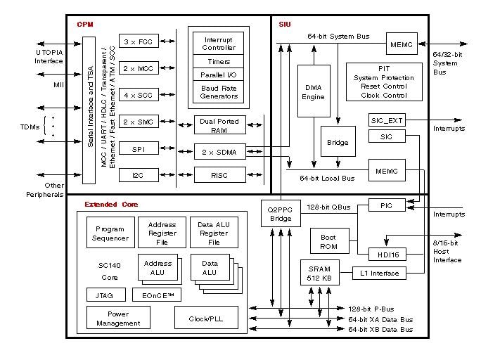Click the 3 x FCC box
pos(139,41)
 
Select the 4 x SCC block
pos(139,95)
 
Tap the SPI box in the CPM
pos(139,148)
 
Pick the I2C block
pos(139,174)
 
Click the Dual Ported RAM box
pos(219,125)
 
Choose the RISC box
pos(219,174)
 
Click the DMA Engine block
pos(314,91)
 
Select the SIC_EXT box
pos(385,120)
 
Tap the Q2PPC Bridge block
pos(280,214)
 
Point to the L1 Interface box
pos(384,272)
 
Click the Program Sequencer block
pos(110,233)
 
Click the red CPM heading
pos(85,25)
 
